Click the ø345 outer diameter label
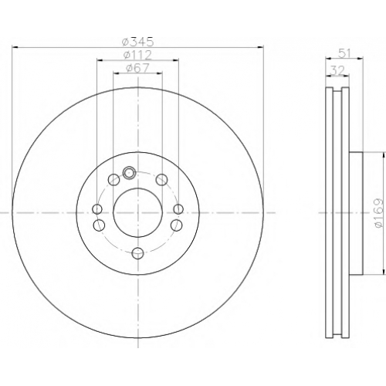(x=138, y=42)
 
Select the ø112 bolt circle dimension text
(x=137, y=55)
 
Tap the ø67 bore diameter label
(x=137, y=68)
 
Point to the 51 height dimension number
(x=344, y=53)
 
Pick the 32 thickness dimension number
(x=337, y=70)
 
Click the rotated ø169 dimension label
(x=379, y=213)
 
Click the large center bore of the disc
(x=137, y=212)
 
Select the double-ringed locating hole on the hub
(x=129, y=172)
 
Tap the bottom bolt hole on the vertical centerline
(x=137, y=253)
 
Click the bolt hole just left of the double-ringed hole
(x=113, y=179)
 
